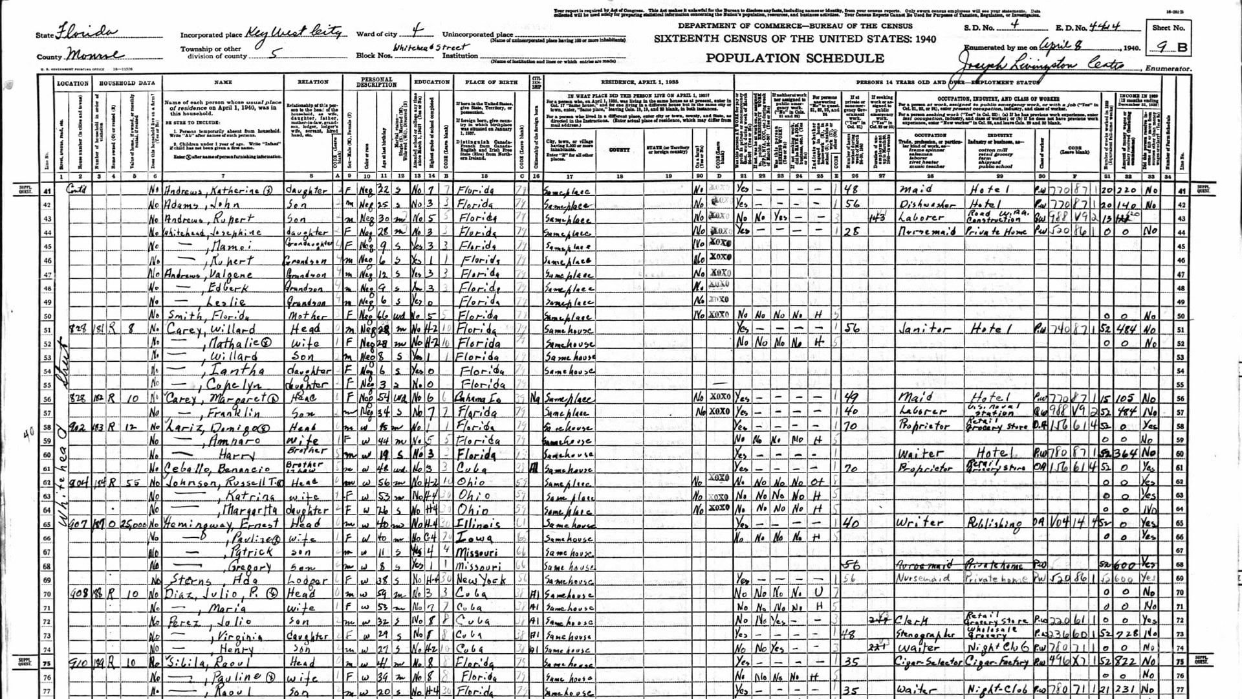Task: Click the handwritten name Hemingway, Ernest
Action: tap(221, 524)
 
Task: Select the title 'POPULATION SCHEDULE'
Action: tap(794, 58)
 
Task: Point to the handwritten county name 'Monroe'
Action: tap(96, 55)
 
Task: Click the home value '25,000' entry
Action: tap(133, 524)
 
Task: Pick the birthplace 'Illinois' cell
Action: tap(477, 524)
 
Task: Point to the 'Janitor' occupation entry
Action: tap(925, 329)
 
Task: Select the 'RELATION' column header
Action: tap(312, 82)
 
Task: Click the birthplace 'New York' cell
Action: tap(479, 580)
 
